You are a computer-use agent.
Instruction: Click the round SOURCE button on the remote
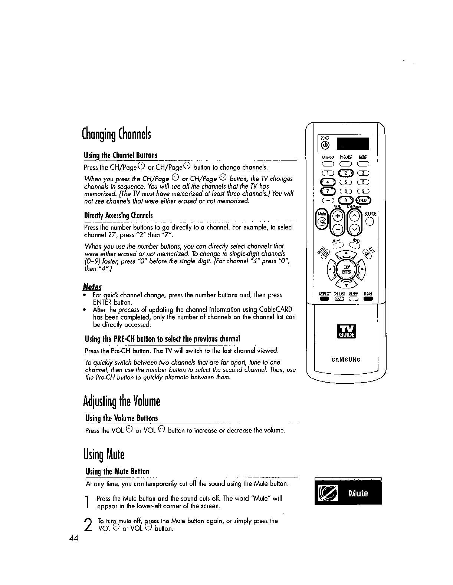point(369,222)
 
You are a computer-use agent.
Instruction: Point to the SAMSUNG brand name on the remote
point(346,360)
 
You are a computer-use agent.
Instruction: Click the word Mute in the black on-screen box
point(358,493)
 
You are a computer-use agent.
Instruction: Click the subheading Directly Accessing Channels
point(118,216)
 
